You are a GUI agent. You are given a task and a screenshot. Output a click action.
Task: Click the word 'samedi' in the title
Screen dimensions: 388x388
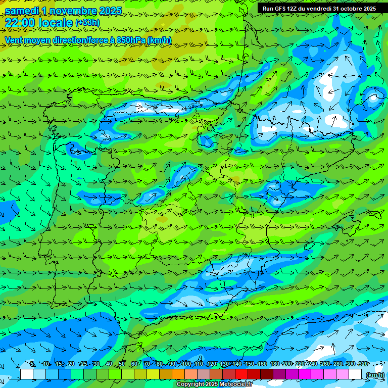coord(21,11)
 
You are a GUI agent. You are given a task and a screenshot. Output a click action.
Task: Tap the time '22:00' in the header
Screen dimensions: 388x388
coord(21,23)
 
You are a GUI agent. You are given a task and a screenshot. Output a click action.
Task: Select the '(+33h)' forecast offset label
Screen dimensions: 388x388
coord(87,23)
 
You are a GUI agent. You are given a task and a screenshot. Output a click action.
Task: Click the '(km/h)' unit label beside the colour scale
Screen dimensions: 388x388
coord(374,374)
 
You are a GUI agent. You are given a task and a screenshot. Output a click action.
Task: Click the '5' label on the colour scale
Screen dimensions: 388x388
coord(32,364)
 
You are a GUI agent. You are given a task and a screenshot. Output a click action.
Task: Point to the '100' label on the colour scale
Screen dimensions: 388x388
coord(186,364)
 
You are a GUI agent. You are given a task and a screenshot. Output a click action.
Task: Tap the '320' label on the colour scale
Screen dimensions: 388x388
coord(363,364)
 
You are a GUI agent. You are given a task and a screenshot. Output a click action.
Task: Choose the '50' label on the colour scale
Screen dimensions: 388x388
coord(122,364)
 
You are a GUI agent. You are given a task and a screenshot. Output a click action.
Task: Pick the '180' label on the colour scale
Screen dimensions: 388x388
coord(275,364)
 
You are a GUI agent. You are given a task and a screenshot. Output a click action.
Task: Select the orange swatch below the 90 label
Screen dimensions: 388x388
coord(178,374)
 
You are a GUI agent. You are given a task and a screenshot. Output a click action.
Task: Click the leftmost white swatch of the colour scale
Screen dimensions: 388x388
coord(27,374)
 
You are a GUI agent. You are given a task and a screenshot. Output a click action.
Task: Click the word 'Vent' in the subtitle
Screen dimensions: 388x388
coord(14,40)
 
